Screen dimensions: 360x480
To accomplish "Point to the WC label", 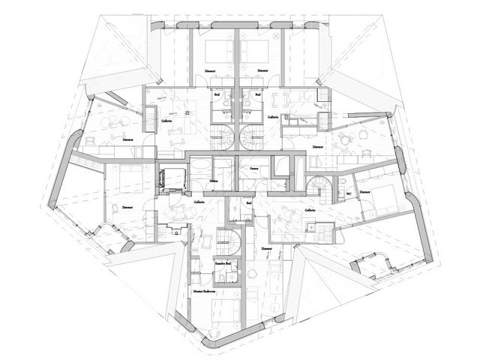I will tap(349, 193).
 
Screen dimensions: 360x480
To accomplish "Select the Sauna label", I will tap(254, 170).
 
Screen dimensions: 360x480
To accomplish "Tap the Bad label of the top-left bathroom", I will tap(217, 95).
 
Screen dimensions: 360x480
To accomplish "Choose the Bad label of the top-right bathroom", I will tap(258, 95).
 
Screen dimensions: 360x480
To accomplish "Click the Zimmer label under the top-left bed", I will tap(209, 70).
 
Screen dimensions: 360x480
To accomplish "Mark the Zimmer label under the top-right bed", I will tap(262, 70).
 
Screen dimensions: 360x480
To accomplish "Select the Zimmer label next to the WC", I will tap(365, 193).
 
